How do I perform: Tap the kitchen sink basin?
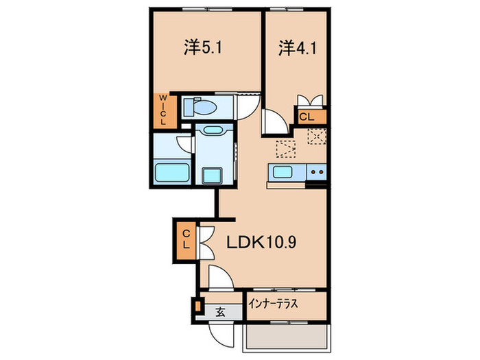point(283,171)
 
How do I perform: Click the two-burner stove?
point(315,171)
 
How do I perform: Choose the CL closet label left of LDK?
point(186,239)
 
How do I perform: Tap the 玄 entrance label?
point(221,312)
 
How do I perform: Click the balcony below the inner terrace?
point(284,337)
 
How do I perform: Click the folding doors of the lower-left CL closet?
point(206,239)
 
